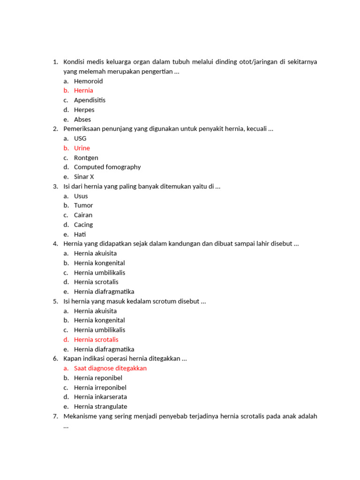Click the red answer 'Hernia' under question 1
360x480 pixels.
point(83,90)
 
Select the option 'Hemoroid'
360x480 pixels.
point(88,81)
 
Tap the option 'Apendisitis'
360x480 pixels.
point(90,100)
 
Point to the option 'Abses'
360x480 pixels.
point(82,120)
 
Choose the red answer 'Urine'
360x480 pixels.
point(82,148)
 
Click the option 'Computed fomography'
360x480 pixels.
point(107,167)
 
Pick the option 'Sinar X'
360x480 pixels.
point(84,177)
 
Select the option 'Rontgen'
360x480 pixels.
point(86,157)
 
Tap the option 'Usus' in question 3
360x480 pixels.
point(81,196)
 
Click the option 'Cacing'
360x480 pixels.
point(83,225)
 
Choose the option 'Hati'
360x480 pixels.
point(80,234)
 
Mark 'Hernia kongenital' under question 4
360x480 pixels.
point(99,263)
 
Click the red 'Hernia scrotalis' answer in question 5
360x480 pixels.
point(96,339)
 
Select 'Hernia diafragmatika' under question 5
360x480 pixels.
point(104,349)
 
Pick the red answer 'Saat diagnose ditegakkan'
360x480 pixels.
point(110,368)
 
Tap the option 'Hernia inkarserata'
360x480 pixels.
point(100,397)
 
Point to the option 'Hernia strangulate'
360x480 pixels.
point(100,406)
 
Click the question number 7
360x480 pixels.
point(55,416)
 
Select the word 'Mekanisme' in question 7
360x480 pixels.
point(80,416)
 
